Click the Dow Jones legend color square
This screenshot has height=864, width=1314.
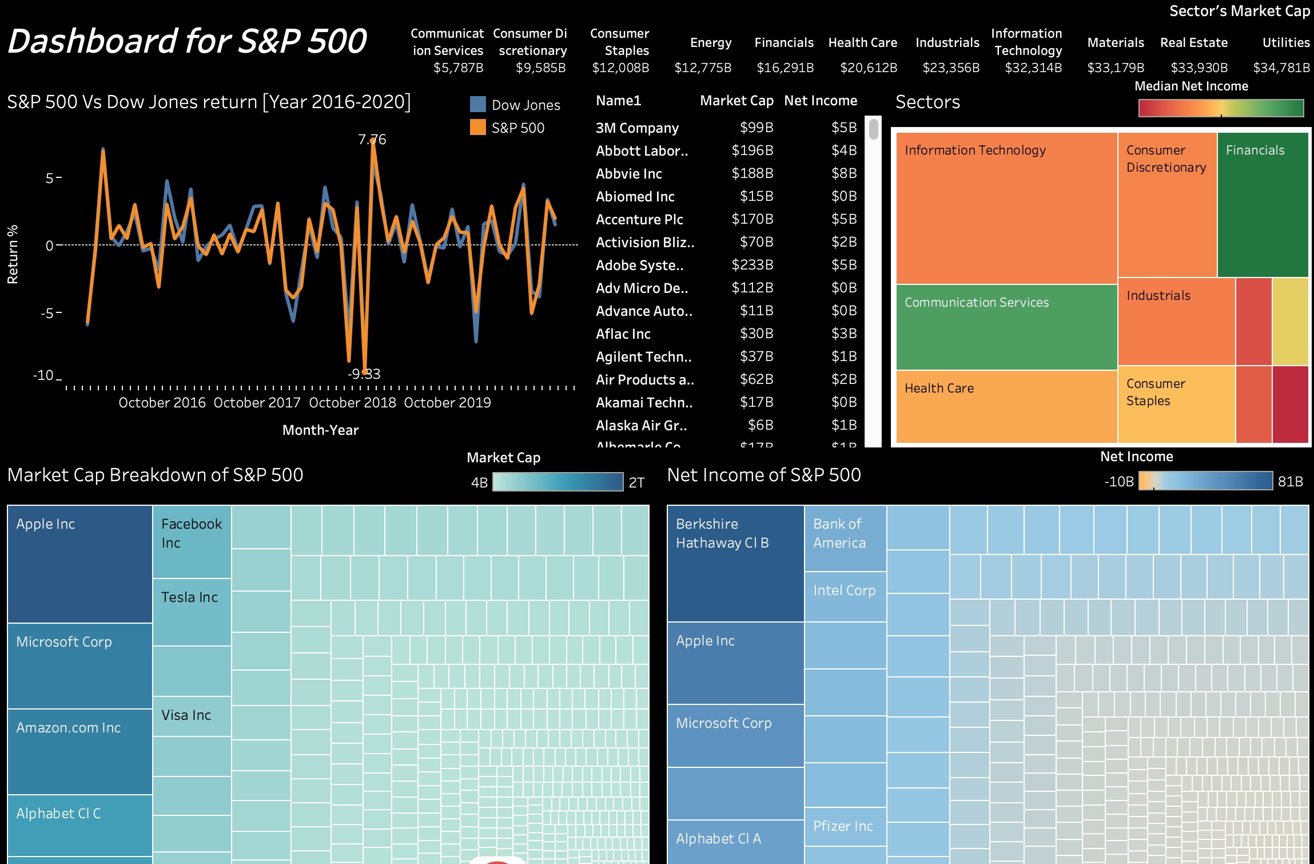477,104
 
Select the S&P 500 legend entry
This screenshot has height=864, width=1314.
517,128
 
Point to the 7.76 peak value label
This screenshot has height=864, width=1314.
372,139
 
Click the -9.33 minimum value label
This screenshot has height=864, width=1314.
364,374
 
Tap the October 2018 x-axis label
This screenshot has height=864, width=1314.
352,403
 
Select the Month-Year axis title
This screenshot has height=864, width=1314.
320,430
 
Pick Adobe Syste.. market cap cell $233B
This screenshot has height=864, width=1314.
752,265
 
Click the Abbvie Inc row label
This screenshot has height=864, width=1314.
628,173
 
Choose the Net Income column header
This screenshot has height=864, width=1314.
820,101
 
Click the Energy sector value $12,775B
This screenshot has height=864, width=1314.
703,68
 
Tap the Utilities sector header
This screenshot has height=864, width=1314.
1285,42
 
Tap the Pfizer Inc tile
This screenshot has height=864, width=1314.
845,826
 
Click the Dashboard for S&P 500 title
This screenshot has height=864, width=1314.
187,41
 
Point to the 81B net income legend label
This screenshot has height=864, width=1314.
1290,482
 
